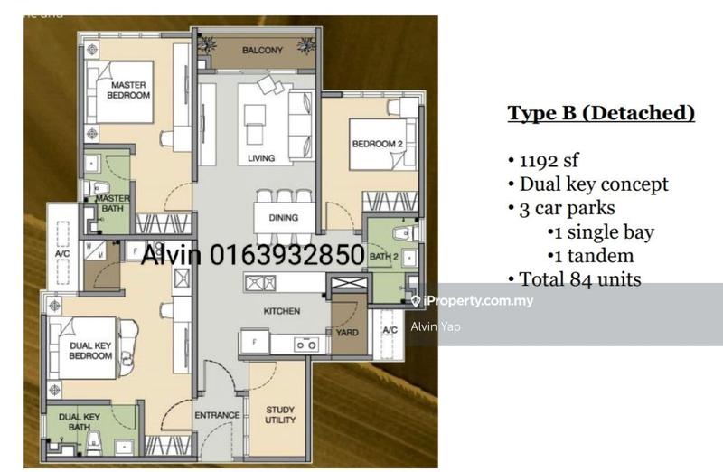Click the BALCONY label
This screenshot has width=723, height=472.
pyautogui.click(x=262, y=51)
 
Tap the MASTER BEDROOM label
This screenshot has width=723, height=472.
pyautogui.click(x=128, y=90)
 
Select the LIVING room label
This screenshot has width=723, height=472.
pyautogui.click(x=261, y=159)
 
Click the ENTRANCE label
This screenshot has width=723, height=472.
pyautogui.click(x=217, y=416)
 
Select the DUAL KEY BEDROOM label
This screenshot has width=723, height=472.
pyautogui.click(x=90, y=350)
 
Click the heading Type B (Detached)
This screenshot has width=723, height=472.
pyautogui.click(x=600, y=113)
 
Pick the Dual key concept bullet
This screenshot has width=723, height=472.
pyautogui.click(x=594, y=184)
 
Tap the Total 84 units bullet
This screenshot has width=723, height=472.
pyautogui.click(x=580, y=278)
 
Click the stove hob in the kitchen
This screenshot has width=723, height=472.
pyautogui.click(x=305, y=345)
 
